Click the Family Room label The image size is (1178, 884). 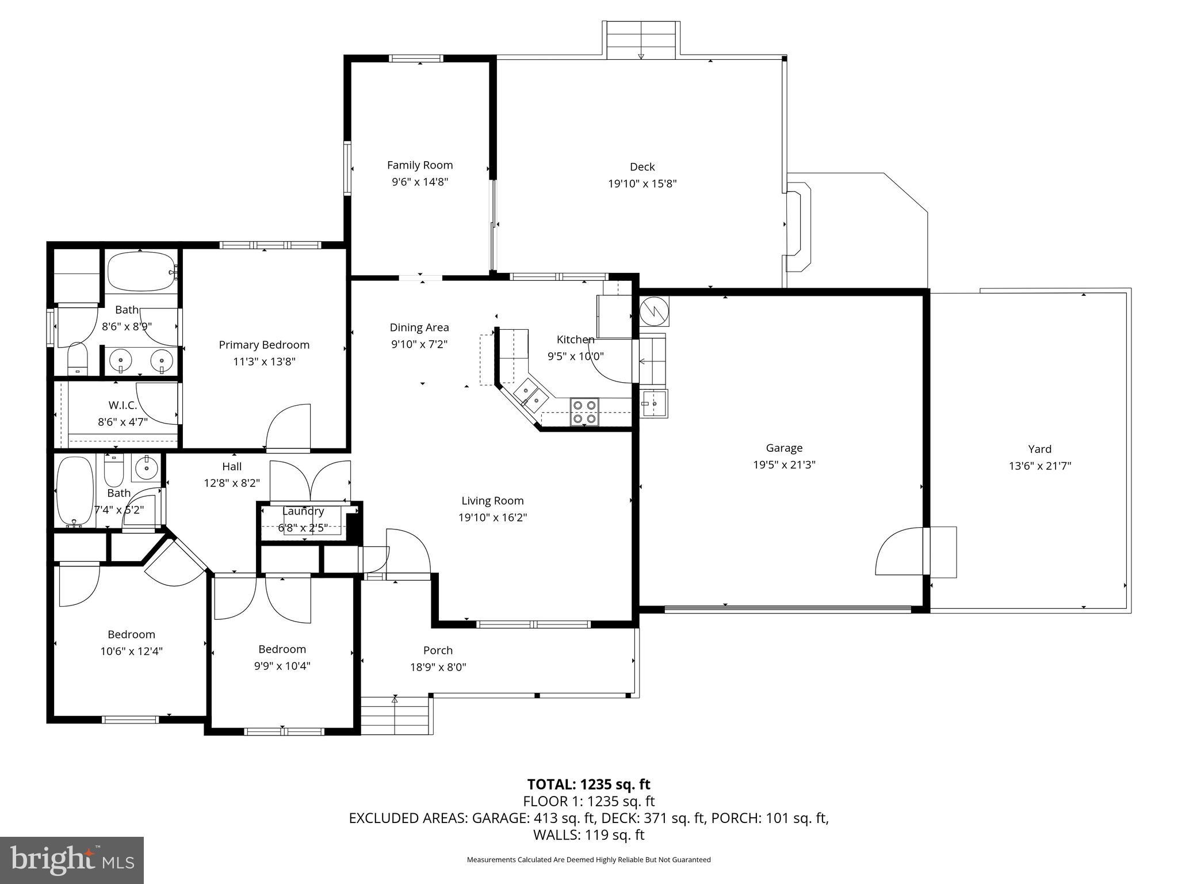419,165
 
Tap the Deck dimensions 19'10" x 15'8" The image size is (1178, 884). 642,184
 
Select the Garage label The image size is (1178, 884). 784,448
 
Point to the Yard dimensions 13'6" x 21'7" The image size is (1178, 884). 1039,466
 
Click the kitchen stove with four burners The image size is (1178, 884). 584,411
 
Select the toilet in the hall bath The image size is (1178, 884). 113,470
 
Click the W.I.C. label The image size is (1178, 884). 123,405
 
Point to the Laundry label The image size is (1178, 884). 303,511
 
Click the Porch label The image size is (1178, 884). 438,650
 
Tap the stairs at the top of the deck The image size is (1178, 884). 641,39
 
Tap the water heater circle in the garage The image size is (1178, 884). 655,311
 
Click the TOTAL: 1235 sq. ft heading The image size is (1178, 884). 588,784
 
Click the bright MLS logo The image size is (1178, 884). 72,860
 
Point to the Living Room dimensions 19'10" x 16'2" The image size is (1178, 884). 492,517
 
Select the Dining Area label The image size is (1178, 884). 419,327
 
